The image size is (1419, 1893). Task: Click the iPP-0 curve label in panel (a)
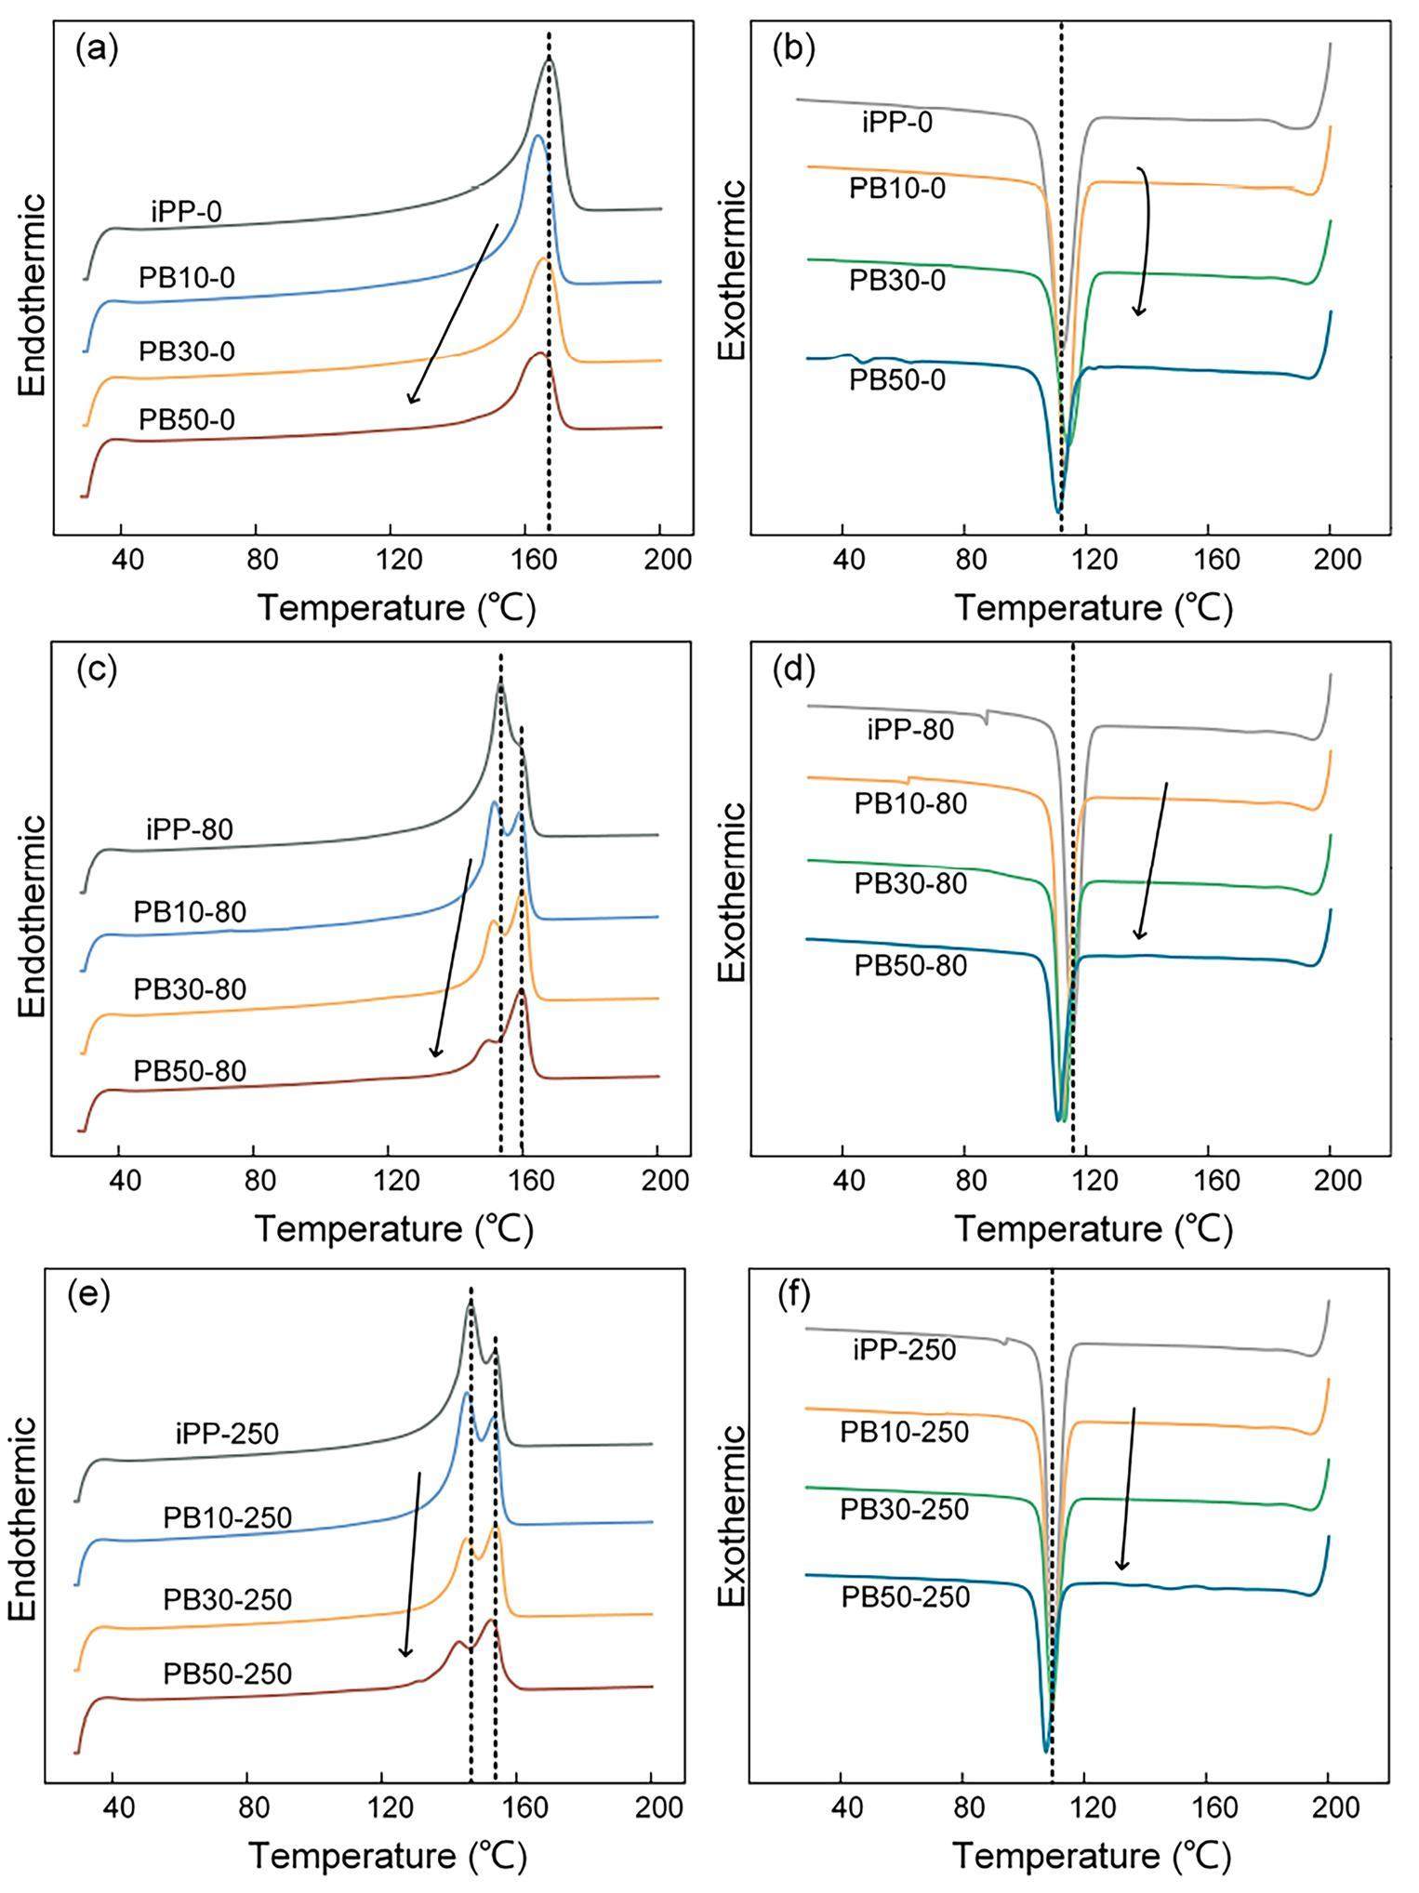[186, 213]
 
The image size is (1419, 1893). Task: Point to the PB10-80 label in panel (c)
[190, 912]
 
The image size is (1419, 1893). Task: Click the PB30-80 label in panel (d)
[910, 883]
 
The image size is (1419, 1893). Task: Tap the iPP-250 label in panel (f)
[904, 1349]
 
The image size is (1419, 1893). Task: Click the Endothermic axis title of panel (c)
[30, 902]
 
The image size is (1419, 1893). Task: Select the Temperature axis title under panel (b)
[1094, 609]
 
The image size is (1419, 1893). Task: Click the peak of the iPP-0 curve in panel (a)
[549, 59]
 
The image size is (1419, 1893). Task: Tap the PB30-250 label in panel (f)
[904, 1508]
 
